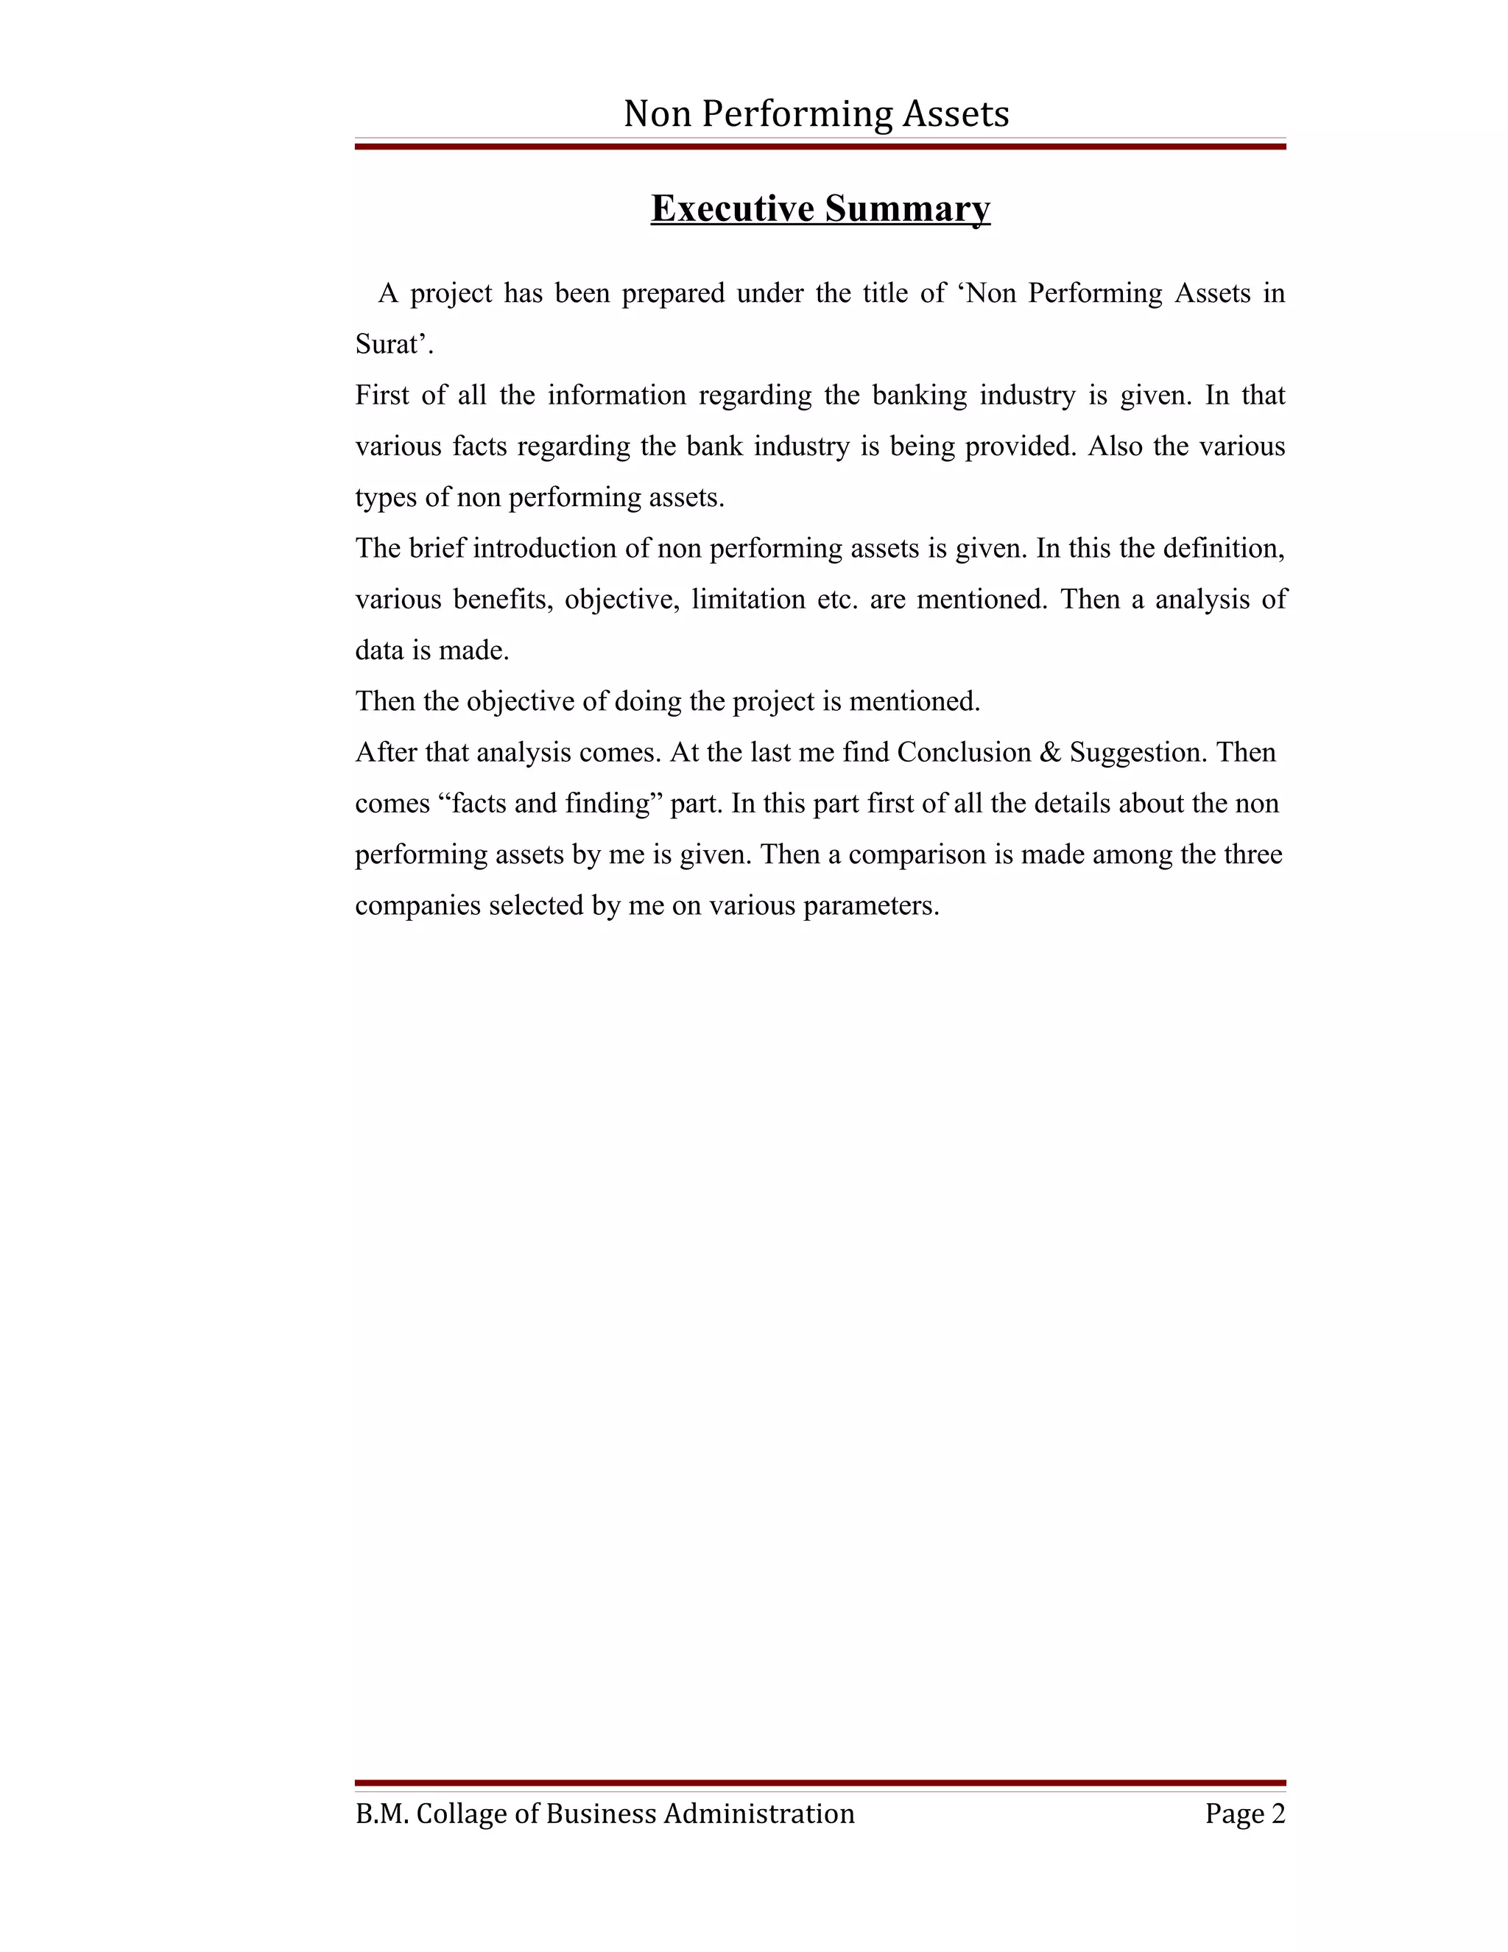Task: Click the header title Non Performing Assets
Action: [816, 114]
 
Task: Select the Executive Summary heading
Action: [820, 208]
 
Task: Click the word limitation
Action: [749, 599]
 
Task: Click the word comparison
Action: [918, 854]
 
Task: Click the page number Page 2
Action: [1244, 1814]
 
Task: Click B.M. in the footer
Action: [381, 1814]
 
